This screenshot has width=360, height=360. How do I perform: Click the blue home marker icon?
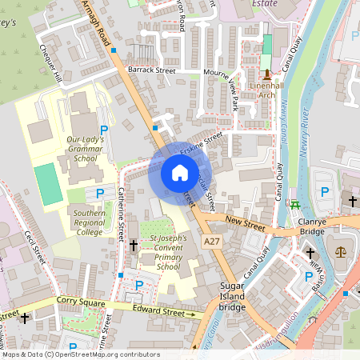coord(179,172)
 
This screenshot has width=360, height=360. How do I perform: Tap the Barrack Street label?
coord(152,70)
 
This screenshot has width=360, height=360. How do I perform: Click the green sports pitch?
coord(48,184)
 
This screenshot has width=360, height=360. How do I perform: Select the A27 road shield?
coord(212,241)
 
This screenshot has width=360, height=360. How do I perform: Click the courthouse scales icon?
coord(342,252)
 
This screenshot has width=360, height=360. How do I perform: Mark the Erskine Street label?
coord(201,146)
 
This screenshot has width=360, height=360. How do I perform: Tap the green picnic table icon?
coord(296,203)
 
